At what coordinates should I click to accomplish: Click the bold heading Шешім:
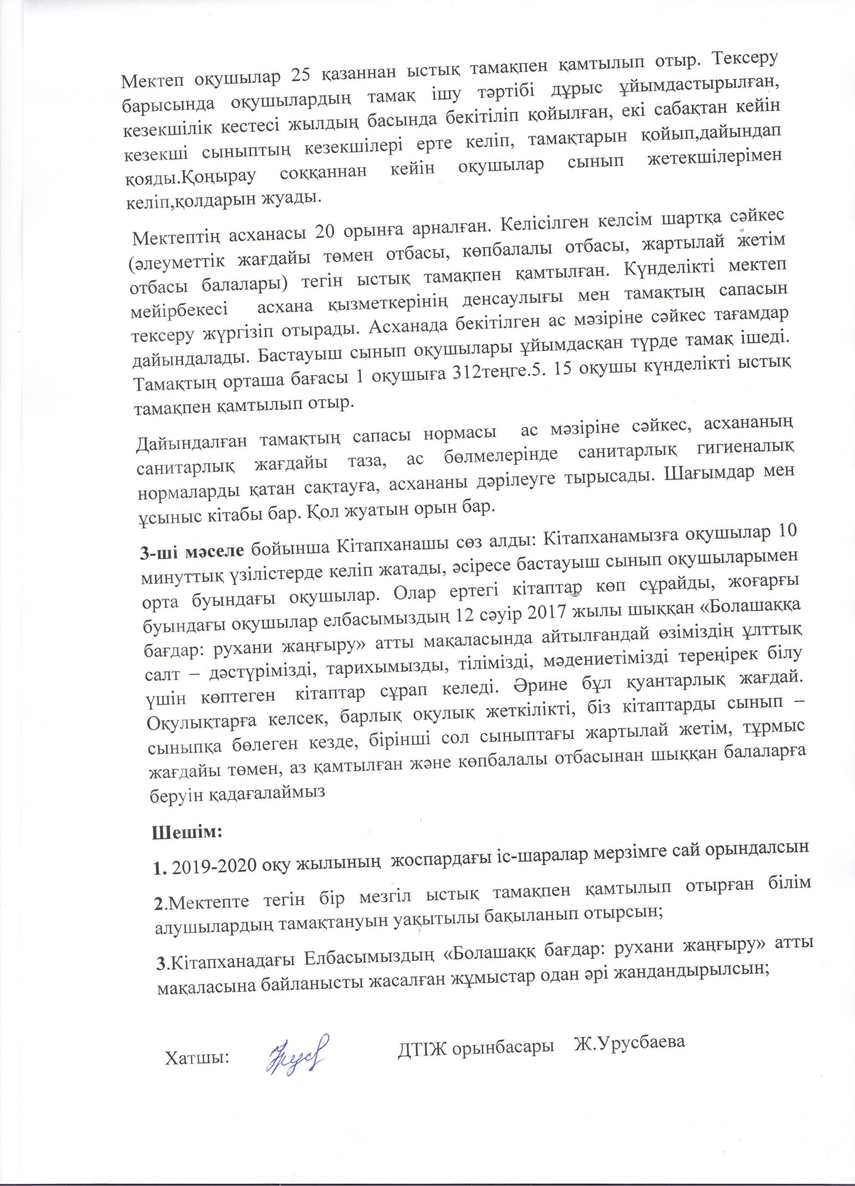point(187,831)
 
